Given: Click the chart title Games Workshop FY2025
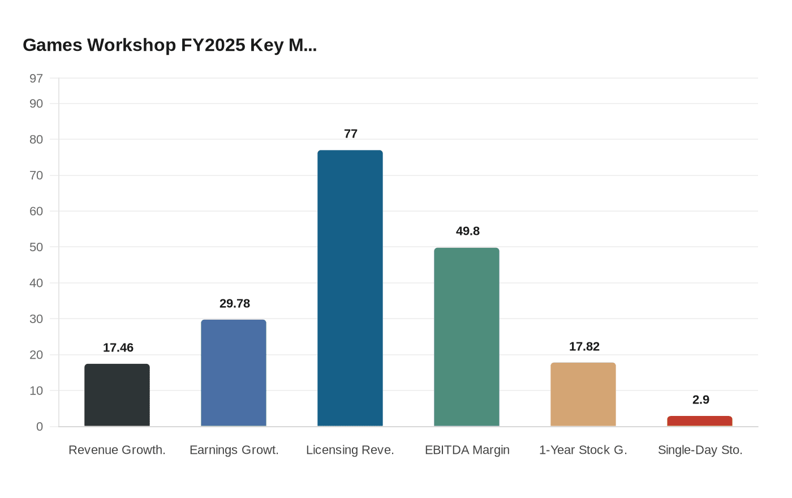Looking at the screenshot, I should (170, 45).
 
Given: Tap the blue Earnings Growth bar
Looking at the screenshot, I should (234, 373).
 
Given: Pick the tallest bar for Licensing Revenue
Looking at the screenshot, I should (350, 288).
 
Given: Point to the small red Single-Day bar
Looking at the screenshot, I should (700, 421).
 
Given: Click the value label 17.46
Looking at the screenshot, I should (118, 347).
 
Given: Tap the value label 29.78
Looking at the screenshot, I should (235, 303).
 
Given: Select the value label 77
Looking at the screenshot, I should (351, 134).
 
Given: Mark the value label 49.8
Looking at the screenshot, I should (468, 231).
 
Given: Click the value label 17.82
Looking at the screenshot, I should (584, 346).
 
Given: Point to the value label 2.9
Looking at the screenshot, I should (701, 400).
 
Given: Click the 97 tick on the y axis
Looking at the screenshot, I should (36, 79).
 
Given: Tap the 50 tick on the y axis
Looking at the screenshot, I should (36, 247).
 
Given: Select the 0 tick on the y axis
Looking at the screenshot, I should (40, 427).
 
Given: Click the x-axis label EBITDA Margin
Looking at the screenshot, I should (467, 450).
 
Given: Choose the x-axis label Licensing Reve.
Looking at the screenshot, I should (350, 450).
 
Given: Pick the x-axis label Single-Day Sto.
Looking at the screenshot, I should (700, 450).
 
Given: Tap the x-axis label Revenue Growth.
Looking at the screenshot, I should (117, 450).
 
